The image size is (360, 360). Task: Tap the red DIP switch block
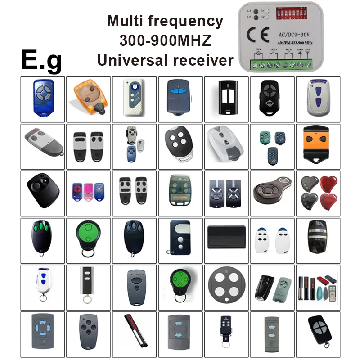(x=292, y=14)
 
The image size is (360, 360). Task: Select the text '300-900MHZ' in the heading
(x=165, y=40)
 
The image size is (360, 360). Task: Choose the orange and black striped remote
(x=318, y=146)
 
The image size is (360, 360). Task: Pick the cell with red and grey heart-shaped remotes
(x=317, y=192)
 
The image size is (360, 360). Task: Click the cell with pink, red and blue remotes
(x=88, y=192)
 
